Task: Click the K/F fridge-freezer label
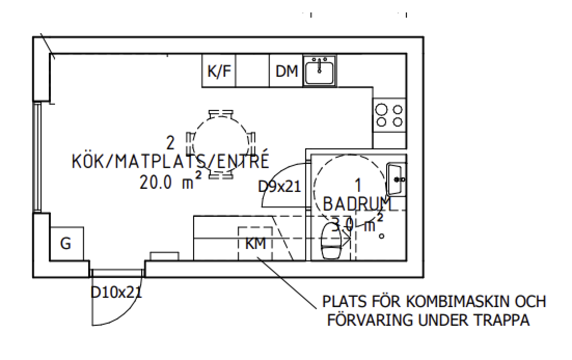219,72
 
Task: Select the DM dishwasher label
287,72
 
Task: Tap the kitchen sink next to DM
319,71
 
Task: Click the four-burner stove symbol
390,116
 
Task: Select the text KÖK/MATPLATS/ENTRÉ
171,161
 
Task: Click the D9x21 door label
280,186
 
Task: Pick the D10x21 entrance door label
116,292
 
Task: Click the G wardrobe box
66,243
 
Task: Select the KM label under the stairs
255,243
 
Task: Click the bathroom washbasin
397,178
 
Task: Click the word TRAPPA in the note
504,321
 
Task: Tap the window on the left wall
37,157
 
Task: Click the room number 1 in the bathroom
357,184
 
